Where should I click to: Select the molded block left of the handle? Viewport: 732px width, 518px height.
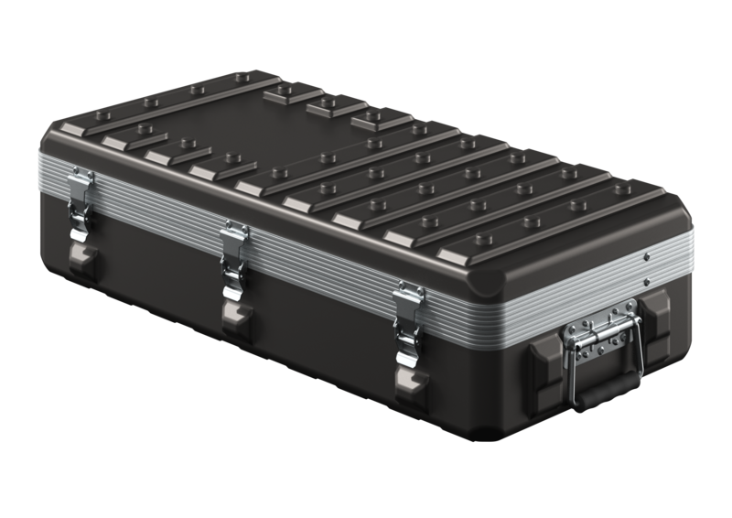[542, 361]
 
